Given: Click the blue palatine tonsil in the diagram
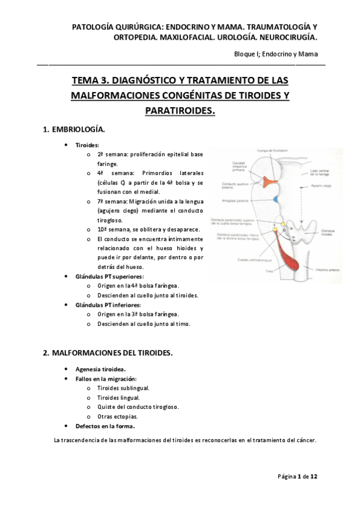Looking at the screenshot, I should tap(275, 199).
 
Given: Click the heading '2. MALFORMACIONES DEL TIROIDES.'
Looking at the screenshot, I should tap(108, 353).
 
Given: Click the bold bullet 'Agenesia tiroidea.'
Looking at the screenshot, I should tap(100, 369).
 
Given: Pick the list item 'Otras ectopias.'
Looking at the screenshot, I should tap(117, 416).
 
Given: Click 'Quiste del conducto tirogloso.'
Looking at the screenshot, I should tap(138, 407).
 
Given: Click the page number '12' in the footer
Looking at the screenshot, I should tap(314, 476).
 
